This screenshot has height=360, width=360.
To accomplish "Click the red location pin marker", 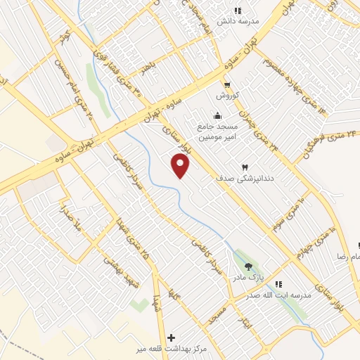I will coord(181,166).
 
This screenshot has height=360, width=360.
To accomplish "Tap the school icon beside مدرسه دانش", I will coord(237,11).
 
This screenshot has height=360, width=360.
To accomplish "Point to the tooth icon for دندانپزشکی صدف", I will coord(245,167).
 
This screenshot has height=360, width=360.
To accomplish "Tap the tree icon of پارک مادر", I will coord(247,266).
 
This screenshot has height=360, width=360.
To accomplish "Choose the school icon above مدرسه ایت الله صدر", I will coord(278,284).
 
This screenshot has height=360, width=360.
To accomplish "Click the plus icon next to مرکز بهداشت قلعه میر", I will coord(172,338).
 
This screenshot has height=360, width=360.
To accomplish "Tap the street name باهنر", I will coord(147,69).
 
